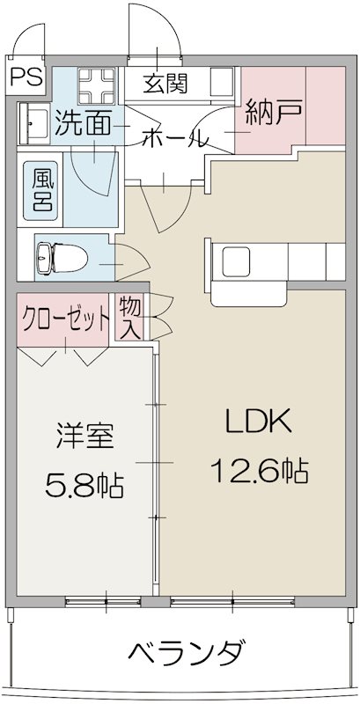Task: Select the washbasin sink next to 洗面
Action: (33, 122)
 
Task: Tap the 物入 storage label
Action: (129, 318)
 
